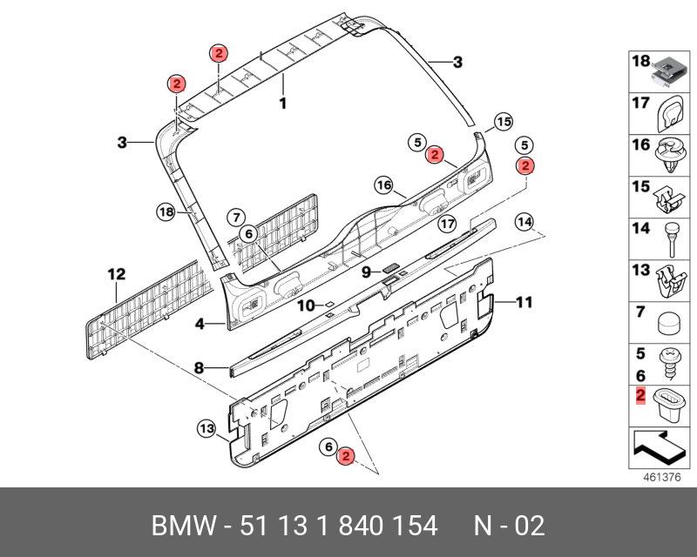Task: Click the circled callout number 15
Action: pos(504,122)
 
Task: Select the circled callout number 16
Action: pos(385,185)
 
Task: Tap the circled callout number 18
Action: pos(166,211)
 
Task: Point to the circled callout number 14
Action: pos(524,221)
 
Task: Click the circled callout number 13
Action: pos(205,428)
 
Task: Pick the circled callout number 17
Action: pos(447,224)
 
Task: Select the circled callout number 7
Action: pos(234,216)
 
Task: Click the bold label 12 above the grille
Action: pos(116,275)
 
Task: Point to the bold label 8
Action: pos(199,368)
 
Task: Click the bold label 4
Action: pos(200,324)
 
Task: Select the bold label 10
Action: pos(305,305)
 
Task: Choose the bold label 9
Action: pos(367,272)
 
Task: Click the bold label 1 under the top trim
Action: pos(282,103)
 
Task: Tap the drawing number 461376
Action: pos(660,478)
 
